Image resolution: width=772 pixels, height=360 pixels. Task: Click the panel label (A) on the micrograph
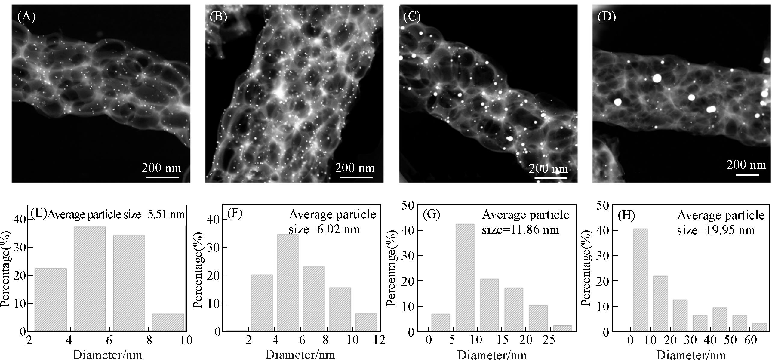26,17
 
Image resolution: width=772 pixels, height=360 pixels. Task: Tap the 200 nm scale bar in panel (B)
356,177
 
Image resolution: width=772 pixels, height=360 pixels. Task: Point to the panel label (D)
607,17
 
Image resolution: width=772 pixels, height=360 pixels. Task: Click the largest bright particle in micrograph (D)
657,78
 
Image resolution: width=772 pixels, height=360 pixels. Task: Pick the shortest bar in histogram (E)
168,322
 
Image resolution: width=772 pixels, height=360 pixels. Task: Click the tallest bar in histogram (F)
288,282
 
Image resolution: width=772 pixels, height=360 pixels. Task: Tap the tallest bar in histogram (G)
465,277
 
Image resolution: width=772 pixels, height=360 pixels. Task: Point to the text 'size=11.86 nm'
521,229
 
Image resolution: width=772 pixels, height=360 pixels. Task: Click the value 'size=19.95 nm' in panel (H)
716,230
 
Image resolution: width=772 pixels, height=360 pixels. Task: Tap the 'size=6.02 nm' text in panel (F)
324,229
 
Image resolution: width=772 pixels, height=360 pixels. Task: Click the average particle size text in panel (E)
116,214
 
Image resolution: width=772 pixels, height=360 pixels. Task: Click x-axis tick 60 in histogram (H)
750,340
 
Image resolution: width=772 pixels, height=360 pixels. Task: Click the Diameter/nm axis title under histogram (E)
107,355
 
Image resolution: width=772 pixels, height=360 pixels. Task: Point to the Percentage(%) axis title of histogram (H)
586,268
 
